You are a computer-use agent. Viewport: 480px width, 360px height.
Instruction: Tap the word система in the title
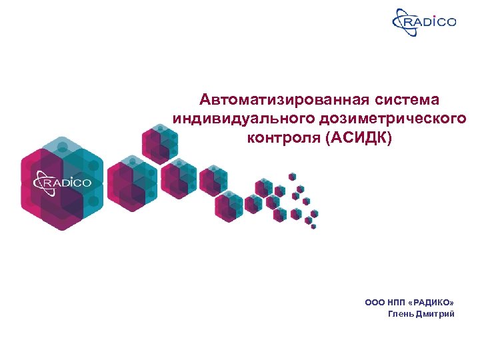(409, 100)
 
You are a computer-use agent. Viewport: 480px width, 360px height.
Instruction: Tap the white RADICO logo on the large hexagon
(63, 181)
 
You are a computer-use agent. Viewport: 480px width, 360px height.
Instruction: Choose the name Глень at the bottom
(401, 314)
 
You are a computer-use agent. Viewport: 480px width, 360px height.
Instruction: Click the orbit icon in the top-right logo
(403, 22)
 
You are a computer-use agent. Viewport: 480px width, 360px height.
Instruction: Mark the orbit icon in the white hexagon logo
(42, 181)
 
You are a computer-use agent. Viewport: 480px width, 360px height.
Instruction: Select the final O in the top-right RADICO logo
(452, 22)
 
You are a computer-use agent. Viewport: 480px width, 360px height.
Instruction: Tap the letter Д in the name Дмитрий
(419, 314)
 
